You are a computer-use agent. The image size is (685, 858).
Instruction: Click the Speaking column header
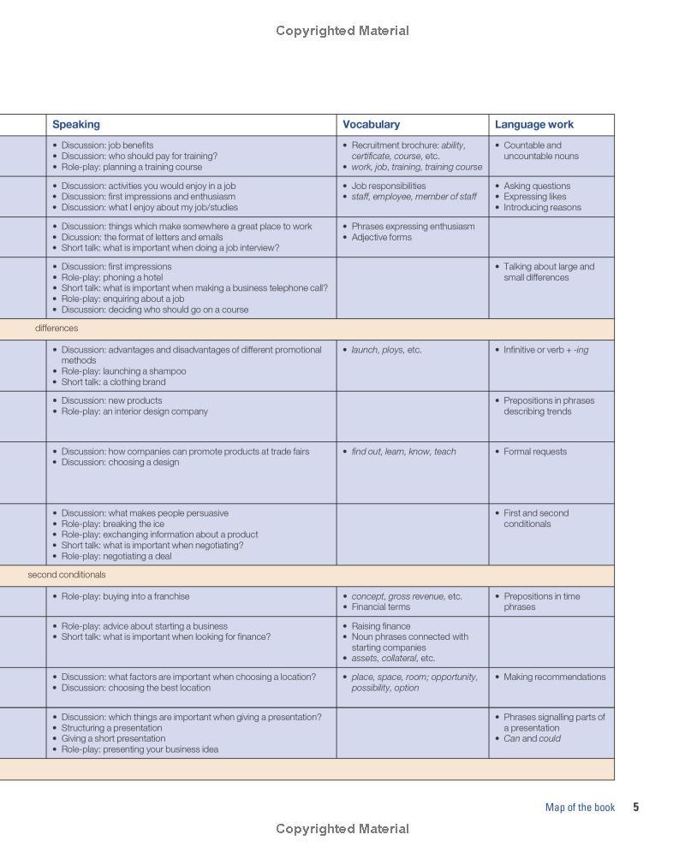point(76,125)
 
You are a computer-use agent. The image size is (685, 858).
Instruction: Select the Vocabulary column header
point(372,125)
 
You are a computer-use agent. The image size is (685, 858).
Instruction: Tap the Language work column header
point(534,125)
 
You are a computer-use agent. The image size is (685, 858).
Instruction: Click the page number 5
point(636,807)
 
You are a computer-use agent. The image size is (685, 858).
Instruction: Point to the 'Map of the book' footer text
point(580,807)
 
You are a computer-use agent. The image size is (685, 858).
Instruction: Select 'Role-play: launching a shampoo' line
point(123,371)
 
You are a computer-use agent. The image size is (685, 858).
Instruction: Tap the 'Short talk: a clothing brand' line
point(114,382)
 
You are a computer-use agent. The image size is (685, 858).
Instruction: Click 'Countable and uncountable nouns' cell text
point(540,151)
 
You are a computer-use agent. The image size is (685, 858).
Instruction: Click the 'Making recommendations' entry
point(554,677)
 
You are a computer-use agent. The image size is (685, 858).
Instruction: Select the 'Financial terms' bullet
point(380,607)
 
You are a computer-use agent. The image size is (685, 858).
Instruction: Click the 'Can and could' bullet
point(532,738)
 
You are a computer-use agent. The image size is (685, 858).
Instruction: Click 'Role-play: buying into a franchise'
point(125,596)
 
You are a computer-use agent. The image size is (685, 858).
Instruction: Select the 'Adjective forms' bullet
point(381,237)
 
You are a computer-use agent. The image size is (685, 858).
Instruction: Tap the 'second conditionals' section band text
point(67,575)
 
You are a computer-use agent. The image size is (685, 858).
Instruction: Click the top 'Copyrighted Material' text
point(342,31)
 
